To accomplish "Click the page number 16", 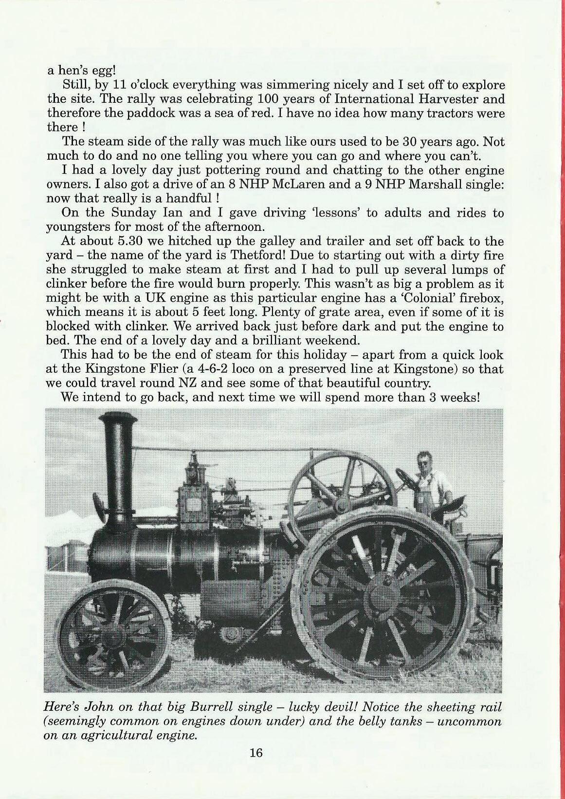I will coord(256,753).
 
